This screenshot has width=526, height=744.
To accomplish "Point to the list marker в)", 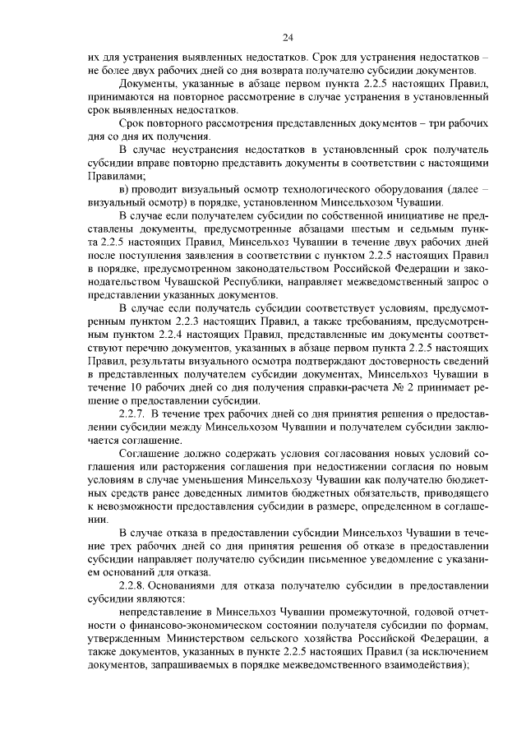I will (x=124, y=187).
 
